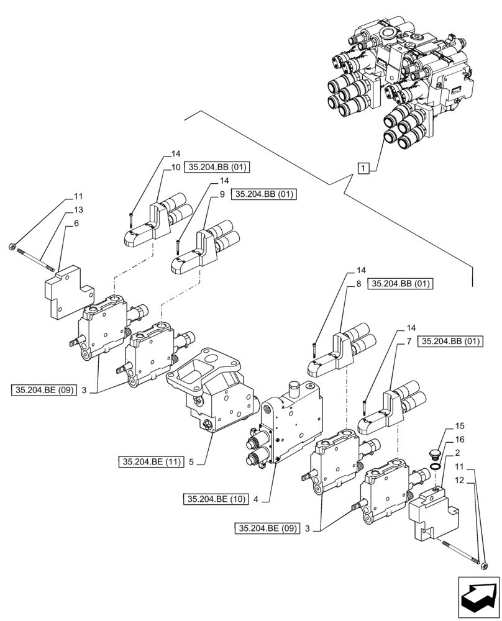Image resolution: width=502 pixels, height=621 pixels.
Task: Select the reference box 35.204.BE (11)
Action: coord(151,461)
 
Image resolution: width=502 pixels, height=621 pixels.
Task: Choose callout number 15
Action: coord(460,427)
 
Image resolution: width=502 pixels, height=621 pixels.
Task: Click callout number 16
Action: coord(460,439)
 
